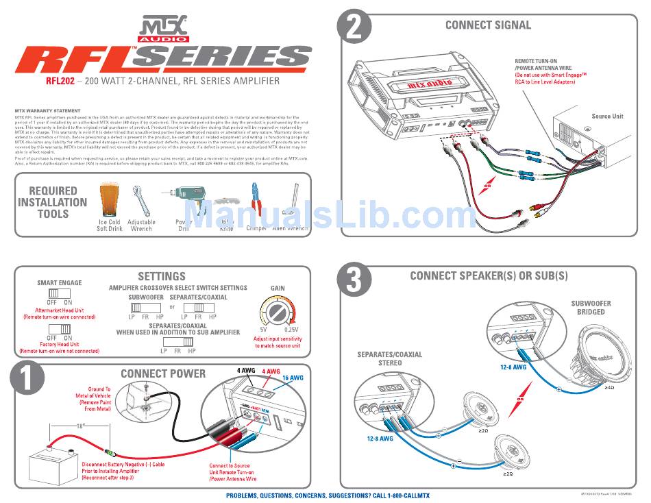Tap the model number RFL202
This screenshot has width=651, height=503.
[60, 81]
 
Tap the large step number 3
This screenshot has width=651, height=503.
[356, 280]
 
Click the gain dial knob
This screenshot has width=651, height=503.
[278, 313]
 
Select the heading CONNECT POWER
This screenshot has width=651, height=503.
[162, 373]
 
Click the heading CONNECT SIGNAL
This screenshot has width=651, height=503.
[488, 25]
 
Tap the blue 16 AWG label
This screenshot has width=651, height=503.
[292, 378]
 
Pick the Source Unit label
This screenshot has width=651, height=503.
[607, 116]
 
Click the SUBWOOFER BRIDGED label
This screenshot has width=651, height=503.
[591, 307]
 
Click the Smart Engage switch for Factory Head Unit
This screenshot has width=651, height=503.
[60, 328]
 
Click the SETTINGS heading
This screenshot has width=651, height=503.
[162, 276]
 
